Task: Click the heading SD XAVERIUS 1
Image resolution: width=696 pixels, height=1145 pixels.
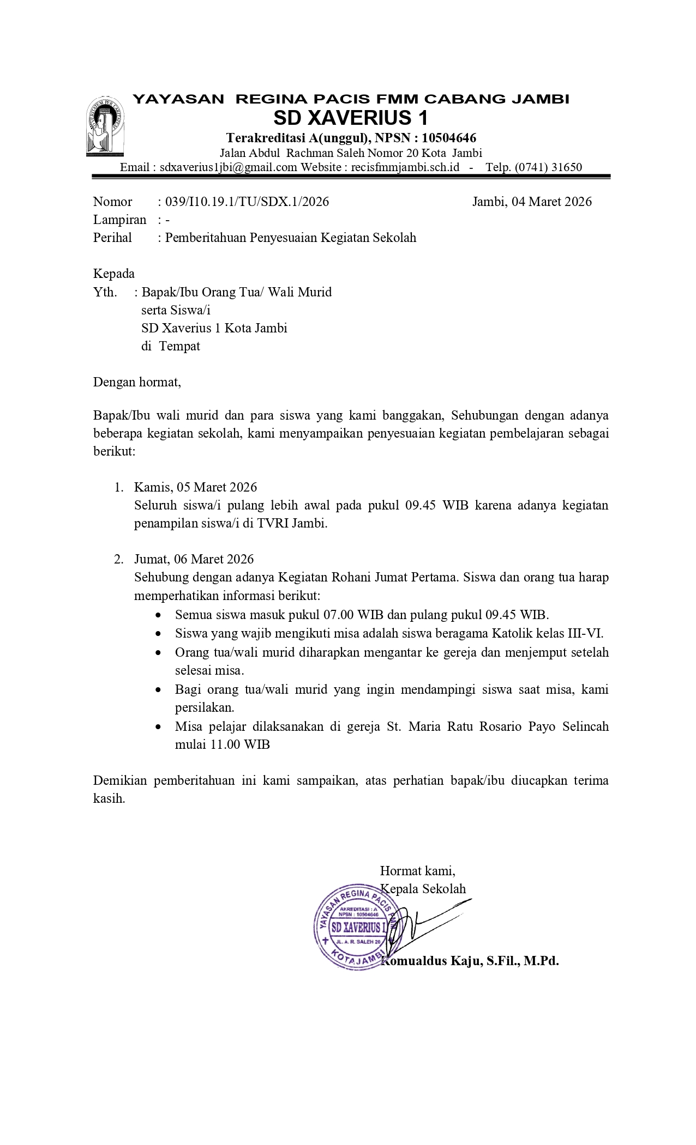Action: pos(350,118)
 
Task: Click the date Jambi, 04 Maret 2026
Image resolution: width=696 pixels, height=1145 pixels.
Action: pos(532,202)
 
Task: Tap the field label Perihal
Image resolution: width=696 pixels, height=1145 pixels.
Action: pos(112,238)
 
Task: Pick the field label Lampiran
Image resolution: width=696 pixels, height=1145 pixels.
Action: pos(119,220)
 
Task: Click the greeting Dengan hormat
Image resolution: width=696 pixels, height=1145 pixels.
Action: pos(137,382)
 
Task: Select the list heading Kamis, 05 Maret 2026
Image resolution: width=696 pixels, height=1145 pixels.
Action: pos(195,487)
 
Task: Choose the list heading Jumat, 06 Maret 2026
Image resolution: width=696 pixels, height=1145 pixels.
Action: pos(194,559)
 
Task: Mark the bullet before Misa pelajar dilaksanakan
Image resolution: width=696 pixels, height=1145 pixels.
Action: pos(158,727)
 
